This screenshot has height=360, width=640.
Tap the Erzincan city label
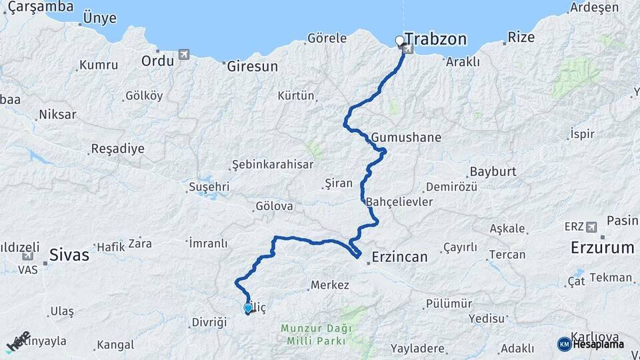(399, 256)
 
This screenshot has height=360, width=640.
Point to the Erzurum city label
(602, 248)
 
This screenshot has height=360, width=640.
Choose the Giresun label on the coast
(252, 67)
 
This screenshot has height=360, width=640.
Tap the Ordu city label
(157, 61)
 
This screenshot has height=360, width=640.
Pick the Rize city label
(521, 37)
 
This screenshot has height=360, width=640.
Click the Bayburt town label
(493, 171)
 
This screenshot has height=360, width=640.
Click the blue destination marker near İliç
(248, 308)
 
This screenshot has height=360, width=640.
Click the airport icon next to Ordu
(184, 55)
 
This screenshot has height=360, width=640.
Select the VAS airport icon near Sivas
(27, 256)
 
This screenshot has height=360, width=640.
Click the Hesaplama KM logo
(564, 343)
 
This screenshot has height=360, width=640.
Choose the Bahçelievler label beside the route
(400, 201)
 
